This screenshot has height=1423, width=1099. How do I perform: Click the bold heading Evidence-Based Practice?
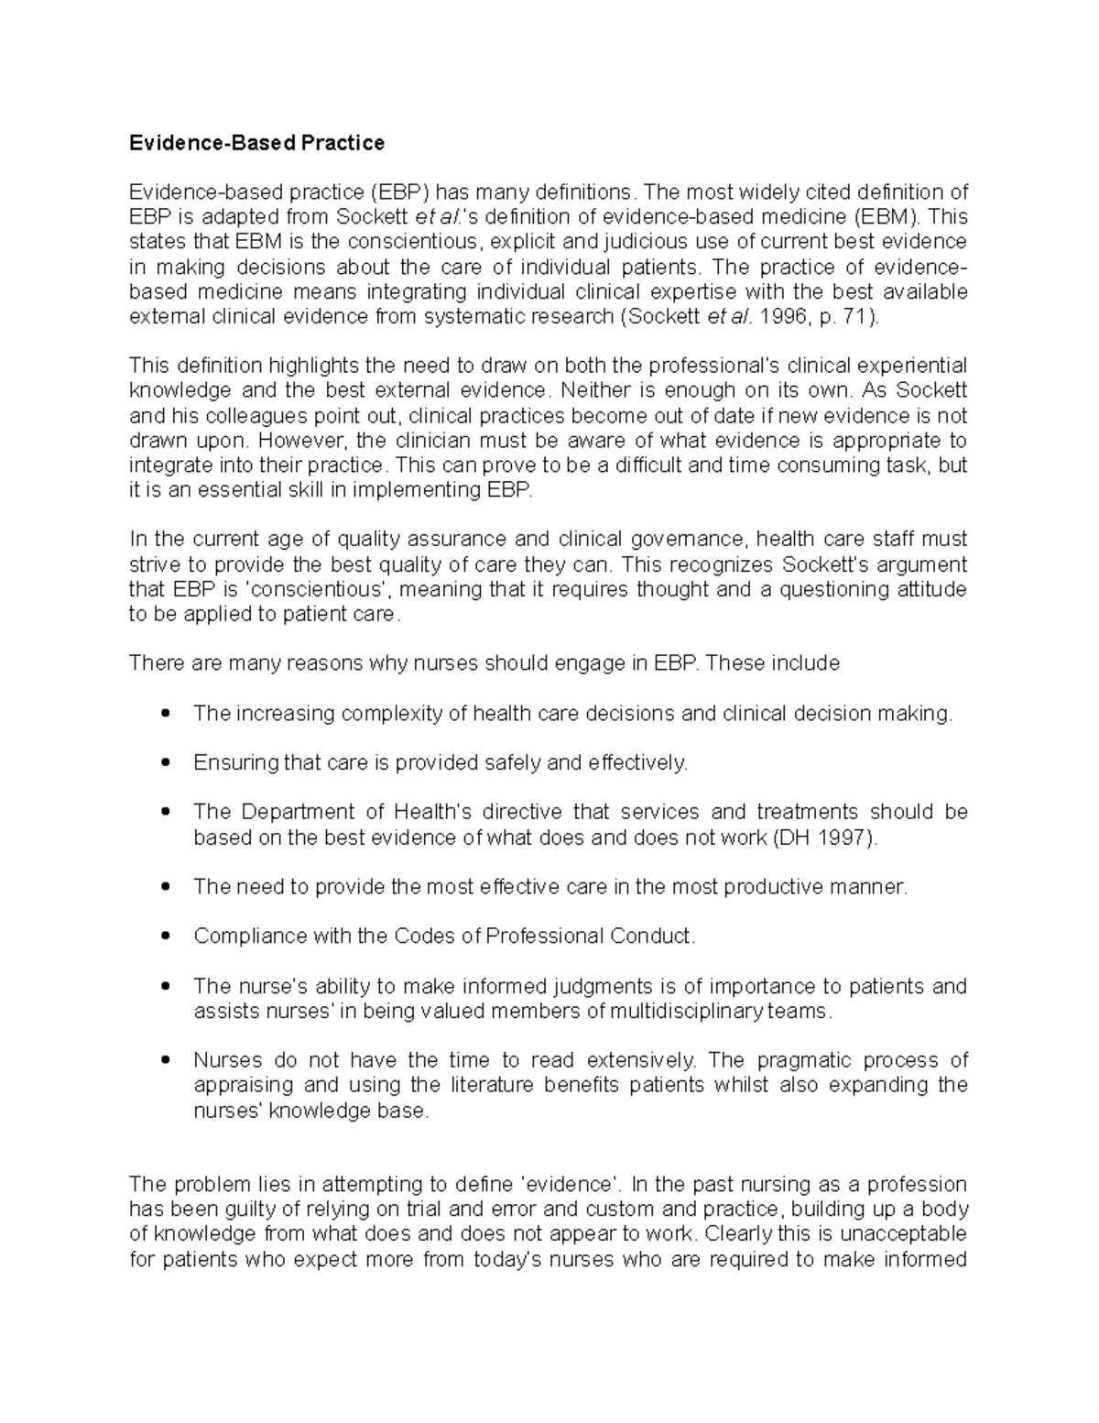256,143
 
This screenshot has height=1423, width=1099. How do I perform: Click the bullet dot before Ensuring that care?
165,762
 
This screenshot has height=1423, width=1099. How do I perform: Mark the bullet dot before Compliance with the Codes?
165,936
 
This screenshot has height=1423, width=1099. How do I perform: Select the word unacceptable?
901,1234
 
